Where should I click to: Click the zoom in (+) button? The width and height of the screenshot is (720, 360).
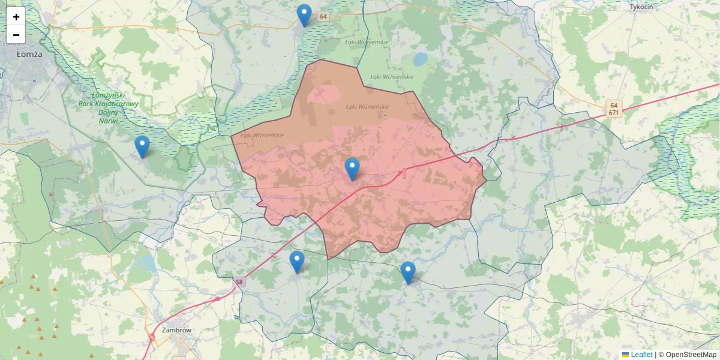(16, 16)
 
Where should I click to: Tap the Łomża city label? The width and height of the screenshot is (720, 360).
(28, 54)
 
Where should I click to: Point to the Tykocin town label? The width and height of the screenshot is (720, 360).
(641, 7)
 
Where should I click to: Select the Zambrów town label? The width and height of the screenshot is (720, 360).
(176, 330)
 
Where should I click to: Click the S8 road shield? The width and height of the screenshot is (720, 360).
(239, 282)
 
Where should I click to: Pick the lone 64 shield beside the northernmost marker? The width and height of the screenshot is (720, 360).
(323, 16)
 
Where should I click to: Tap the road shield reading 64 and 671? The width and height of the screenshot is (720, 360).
(613, 108)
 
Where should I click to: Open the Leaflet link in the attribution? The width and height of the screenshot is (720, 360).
(641, 355)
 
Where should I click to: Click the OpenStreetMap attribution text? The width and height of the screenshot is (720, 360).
(691, 355)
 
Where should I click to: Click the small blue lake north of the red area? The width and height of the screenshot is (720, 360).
(419, 59)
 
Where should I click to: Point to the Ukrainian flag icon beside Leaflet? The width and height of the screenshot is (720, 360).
(625, 355)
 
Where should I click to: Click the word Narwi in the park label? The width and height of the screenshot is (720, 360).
(109, 121)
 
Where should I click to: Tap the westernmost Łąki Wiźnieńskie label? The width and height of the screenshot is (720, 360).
(262, 136)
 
